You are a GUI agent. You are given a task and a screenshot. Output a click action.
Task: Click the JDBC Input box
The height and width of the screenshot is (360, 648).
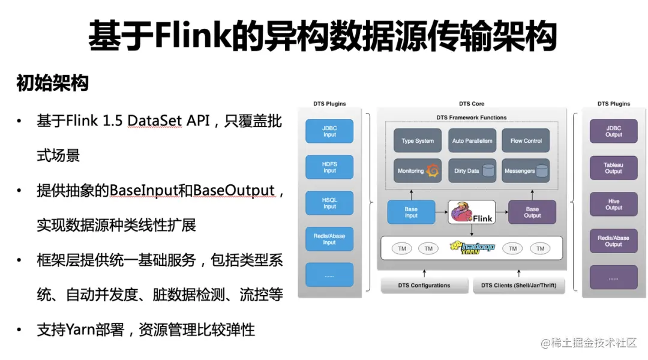329,131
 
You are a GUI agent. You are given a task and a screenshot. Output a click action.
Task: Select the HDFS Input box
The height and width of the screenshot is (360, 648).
329,167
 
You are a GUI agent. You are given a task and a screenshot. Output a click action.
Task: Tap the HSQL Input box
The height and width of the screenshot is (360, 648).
329,203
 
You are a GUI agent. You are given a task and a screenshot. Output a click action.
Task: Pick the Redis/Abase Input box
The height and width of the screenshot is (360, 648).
329,239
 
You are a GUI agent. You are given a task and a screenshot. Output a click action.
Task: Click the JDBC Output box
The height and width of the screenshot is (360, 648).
613,131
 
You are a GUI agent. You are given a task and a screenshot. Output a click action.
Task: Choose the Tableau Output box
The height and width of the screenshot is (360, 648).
613,167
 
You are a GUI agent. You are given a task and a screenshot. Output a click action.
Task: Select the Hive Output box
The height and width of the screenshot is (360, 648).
613,204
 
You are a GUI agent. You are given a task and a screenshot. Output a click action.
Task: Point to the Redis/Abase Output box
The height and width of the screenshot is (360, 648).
613,241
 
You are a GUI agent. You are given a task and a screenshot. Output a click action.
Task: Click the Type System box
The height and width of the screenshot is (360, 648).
418,140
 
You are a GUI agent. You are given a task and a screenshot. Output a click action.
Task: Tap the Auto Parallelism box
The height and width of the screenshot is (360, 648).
472,140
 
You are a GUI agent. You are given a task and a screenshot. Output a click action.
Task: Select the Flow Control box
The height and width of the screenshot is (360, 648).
526,140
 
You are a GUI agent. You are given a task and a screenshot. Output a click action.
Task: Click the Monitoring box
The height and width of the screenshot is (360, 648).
418,171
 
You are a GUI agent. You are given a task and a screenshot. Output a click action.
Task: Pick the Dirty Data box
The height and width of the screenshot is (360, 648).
472,171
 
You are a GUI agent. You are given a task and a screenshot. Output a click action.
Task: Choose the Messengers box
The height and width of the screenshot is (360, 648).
526,171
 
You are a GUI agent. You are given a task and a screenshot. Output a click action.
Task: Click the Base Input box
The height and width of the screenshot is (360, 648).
411,212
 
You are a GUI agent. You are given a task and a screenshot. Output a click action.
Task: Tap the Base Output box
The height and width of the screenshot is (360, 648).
532,212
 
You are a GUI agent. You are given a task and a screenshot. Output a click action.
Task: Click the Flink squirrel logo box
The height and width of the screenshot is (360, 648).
472,212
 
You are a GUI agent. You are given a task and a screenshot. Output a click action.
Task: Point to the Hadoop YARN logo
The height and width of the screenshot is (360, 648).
472,248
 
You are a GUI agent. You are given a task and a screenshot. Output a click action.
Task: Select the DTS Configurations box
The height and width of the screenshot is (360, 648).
424,285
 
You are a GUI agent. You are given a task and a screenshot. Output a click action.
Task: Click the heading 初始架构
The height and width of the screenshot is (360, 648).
52,83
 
